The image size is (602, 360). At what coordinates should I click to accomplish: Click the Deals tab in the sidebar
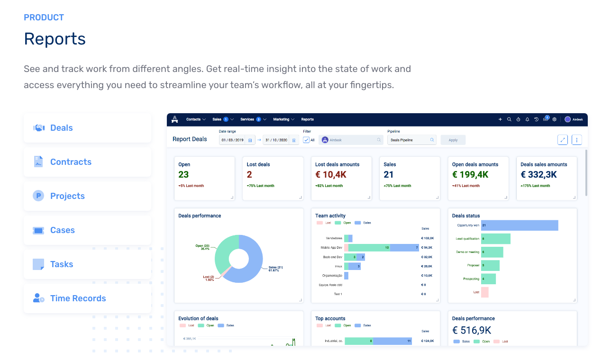tap(87, 128)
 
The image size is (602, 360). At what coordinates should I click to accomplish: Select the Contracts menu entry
tap(87, 162)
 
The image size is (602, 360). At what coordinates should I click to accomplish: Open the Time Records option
tap(87, 298)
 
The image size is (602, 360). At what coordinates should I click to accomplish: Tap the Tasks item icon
tap(38, 264)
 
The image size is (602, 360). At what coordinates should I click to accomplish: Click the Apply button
tap(453, 140)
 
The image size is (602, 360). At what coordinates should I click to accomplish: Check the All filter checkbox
tap(306, 140)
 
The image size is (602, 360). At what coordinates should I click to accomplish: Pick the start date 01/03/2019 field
tap(233, 140)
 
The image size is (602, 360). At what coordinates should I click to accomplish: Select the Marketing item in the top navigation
tap(283, 119)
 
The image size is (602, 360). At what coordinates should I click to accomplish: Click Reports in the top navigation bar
tap(307, 119)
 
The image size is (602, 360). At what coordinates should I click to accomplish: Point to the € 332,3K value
tap(538, 175)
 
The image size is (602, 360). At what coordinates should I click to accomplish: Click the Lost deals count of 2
tap(249, 175)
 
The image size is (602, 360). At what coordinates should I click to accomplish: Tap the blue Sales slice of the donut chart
tap(254, 265)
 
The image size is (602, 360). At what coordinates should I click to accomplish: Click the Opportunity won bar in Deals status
tap(520, 225)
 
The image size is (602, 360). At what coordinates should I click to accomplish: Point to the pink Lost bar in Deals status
tap(484, 292)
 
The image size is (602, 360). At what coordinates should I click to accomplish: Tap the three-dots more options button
tap(576, 140)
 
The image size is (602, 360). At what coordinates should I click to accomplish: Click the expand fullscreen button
tap(563, 140)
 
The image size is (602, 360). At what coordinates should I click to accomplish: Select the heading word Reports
tap(55, 39)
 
